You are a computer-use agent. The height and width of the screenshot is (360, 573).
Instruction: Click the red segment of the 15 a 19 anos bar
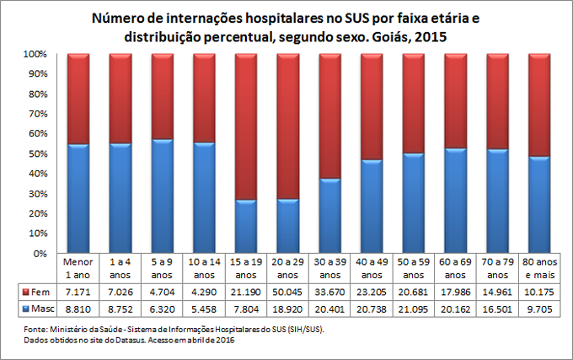click(x=245, y=126)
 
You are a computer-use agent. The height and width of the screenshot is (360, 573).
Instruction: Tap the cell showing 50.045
click(x=287, y=291)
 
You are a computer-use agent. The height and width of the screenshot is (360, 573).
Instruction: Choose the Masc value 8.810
click(x=78, y=309)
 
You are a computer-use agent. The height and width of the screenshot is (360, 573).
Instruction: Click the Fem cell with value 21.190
click(x=245, y=291)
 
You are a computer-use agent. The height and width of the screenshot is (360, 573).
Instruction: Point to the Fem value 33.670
click(x=329, y=291)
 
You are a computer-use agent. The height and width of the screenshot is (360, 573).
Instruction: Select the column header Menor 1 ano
click(x=78, y=268)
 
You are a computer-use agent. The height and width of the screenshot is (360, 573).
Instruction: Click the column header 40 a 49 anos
click(x=371, y=268)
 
